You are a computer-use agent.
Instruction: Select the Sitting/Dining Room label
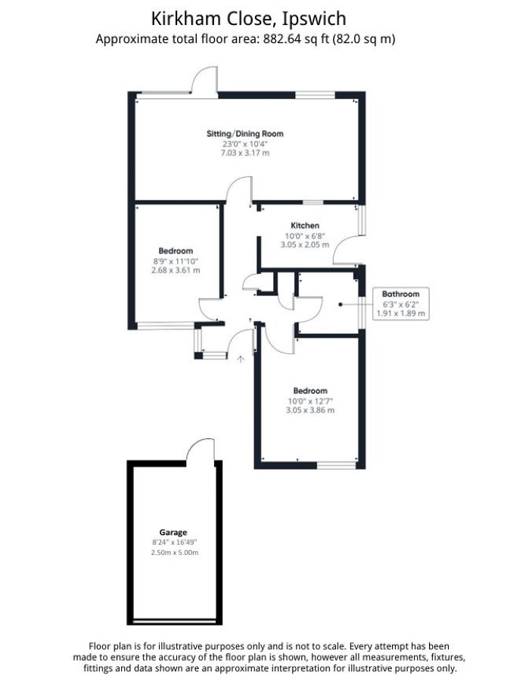tap(245, 134)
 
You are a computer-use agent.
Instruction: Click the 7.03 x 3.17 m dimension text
tap(245, 153)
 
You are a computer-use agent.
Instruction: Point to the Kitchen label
tap(305, 226)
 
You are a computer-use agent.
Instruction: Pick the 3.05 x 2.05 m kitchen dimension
tap(305, 244)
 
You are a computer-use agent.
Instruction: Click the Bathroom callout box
tap(400, 304)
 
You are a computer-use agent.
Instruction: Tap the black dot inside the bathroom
tap(341, 304)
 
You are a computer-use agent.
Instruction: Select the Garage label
tap(173, 532)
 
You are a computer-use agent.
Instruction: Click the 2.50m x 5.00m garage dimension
tap(175, 553)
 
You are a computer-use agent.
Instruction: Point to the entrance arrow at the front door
tap(240, 359)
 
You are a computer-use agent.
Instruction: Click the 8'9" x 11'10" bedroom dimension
tap(176, 261)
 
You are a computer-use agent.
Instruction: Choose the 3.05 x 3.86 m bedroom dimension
tap(310, 409)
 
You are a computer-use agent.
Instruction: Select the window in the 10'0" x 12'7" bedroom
tap(336, 465)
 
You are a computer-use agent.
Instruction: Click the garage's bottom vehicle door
tap(174, 621)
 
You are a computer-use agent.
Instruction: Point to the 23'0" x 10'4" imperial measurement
tap(245, 144)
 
